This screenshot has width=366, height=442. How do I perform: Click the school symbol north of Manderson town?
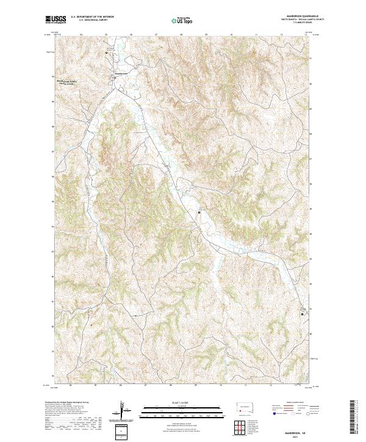(108, 53)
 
